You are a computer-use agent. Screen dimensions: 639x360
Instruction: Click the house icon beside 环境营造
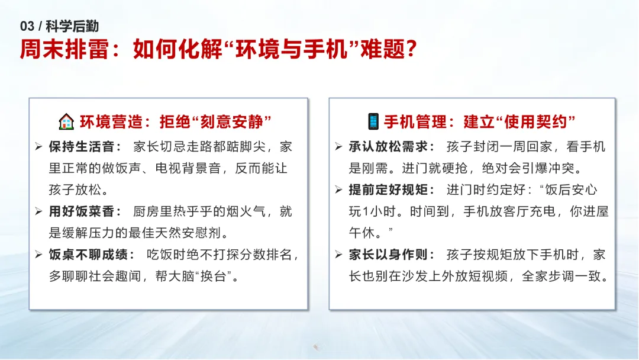(66, 121)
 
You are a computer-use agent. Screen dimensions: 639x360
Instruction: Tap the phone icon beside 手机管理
(373, 121)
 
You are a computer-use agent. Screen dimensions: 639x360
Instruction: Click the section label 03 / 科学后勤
(60, 26)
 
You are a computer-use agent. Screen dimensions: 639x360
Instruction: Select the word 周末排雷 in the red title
(64, 49)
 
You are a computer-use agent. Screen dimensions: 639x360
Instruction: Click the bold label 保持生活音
(82, 147)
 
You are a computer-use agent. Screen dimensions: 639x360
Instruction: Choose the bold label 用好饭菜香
(82, 211)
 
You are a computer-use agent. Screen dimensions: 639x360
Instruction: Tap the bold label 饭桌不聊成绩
(88, 255)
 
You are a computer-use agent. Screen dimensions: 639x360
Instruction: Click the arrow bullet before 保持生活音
(38, 146)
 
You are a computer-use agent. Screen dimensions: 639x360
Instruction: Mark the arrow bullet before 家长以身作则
(338, 255)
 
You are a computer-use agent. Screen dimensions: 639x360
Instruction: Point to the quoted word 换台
(214, 277)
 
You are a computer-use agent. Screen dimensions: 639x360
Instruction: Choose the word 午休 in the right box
(362, 233)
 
